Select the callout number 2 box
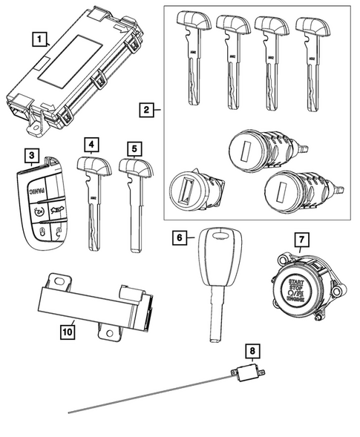pyautogui.click(x=148, y=111)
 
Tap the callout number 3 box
pyautogui.click(x=30, y=156)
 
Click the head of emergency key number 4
pyautogui.click(x=93, y=165)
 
